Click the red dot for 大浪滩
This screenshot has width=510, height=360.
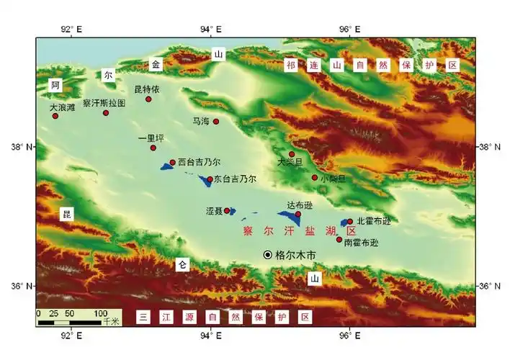(x=55, y=116)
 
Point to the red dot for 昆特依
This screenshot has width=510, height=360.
(x=149, y=99)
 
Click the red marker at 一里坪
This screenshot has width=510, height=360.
(x=153, y=148)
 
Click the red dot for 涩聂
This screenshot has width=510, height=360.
(x=227, y=211)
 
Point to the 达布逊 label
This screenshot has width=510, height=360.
(x=300, y=205)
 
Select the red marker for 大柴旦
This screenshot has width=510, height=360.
(x=292, y=154)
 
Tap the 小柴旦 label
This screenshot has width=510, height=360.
(x=334, y=178)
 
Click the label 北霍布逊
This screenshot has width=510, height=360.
(x=374, y=221)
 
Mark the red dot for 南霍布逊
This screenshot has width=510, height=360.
(x=339, y=239)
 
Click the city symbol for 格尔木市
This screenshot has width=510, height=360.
(x=267, y=254)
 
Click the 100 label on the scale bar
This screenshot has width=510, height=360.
(x=101, y=314)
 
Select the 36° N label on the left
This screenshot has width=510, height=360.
(x=22, y=286)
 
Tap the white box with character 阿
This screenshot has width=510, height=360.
(x=55, y=85)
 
